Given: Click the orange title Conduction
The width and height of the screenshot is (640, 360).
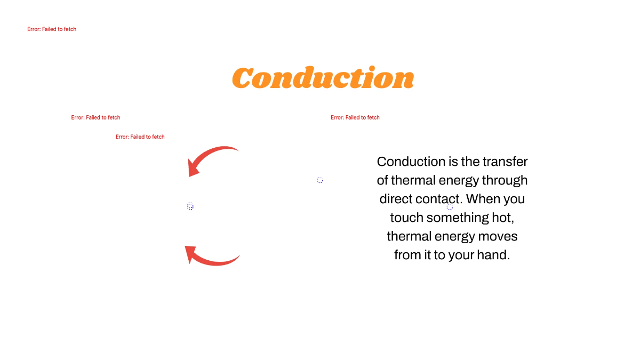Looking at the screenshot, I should (323, 78).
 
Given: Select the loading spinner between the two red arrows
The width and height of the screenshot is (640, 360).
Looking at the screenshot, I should (190, 206).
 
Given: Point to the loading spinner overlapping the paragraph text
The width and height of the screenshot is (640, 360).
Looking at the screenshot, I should (450, 207).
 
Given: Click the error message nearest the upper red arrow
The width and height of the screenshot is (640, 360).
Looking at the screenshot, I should (140, 137).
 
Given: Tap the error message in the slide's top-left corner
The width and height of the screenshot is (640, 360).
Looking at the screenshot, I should (52, 29).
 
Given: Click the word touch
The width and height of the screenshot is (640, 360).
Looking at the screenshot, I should (406, 218).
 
